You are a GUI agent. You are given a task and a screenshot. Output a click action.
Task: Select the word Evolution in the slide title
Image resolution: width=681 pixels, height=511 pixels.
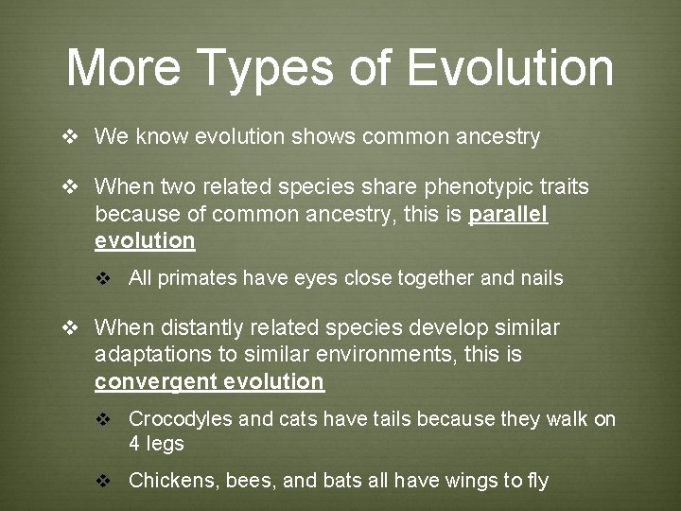tap(511, 68)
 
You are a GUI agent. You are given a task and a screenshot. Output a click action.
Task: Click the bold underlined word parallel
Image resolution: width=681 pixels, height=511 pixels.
tap(508, 214)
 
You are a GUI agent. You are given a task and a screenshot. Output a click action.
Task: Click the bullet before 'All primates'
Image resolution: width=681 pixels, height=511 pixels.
tap(105, 279)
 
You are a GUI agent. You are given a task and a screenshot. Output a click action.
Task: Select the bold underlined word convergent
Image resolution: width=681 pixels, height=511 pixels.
tap(155, 382)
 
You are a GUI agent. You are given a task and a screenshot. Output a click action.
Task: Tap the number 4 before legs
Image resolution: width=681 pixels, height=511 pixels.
tap(134, 444)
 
